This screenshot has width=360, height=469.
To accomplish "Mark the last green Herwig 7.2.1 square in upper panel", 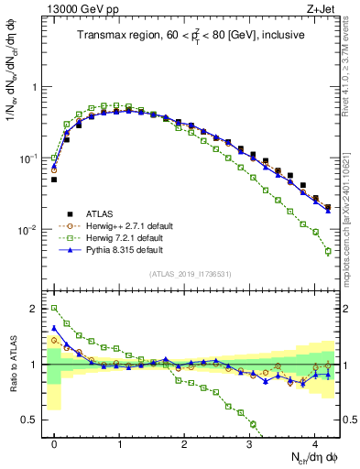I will tap(328, 252).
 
